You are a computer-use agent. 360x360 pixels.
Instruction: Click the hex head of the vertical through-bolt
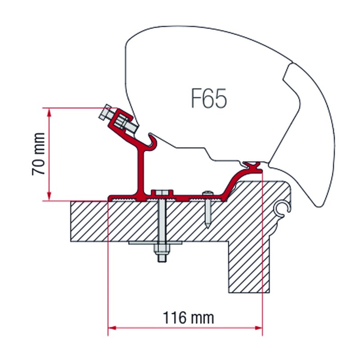click(162, 193)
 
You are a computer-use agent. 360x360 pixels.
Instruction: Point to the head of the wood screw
click(207, 193)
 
